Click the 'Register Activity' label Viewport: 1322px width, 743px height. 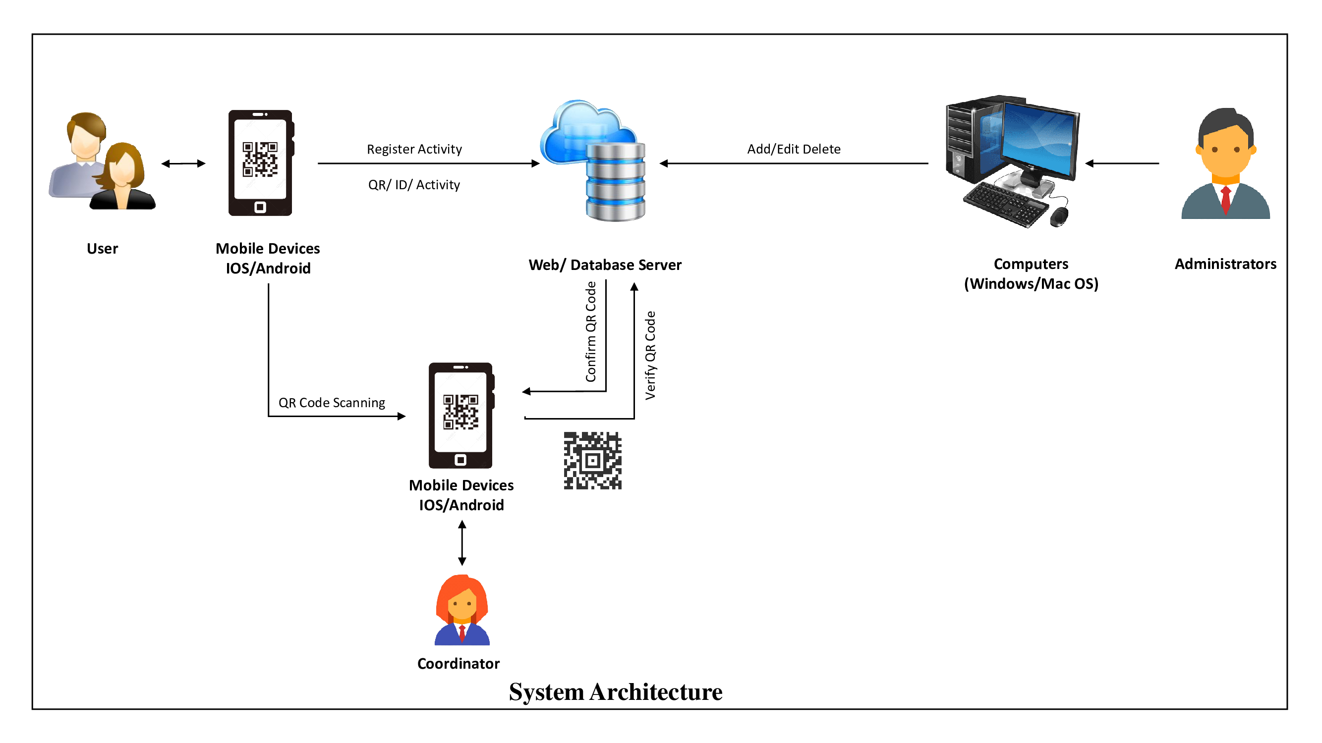click(414, 149)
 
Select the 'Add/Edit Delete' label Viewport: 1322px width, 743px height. click(794, 149)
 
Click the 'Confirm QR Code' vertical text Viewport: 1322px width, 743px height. click(591, 331)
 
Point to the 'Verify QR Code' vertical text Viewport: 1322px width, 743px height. click(650, 355)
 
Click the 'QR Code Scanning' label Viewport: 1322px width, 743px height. click(332, 403)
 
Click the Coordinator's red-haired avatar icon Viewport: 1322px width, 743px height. click(462, 610)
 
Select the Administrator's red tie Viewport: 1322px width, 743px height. click(1225, 200)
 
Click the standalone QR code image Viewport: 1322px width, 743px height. click(592, 461)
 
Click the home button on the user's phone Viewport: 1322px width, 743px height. click(260, 207)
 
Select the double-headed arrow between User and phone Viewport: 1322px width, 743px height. click(183, 163)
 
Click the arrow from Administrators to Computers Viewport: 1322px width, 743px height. click(1122, 163)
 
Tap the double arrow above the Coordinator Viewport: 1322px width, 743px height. click(462, 543)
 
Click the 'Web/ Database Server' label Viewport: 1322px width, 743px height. click(605, 265)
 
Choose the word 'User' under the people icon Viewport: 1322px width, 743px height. click(102, 249)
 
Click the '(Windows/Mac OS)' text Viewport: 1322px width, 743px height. click(1031, 283)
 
